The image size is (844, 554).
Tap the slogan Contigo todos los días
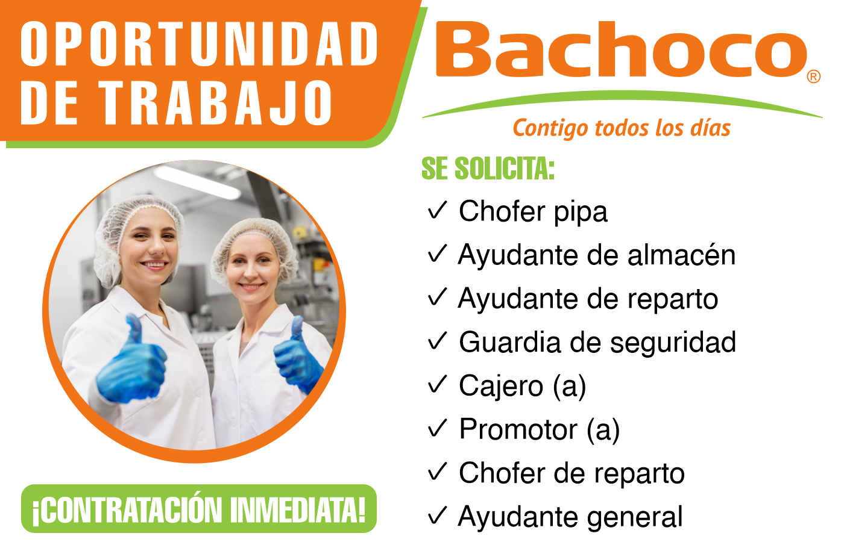[622, 128]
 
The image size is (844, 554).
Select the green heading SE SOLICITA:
[488, 169]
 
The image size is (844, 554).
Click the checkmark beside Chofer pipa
[438, 210]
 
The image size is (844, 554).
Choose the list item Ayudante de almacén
[597, 255]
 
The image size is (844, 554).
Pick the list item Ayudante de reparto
[588, 299]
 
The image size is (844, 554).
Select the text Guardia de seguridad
[597, 343]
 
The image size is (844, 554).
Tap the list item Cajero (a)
[522, 387]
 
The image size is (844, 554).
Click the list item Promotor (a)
[539, 430]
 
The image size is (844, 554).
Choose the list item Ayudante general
[570, 517]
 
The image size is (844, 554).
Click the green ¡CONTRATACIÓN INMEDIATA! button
[199, 509]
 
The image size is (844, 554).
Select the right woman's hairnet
[253, 235]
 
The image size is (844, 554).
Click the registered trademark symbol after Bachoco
[814, 76]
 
